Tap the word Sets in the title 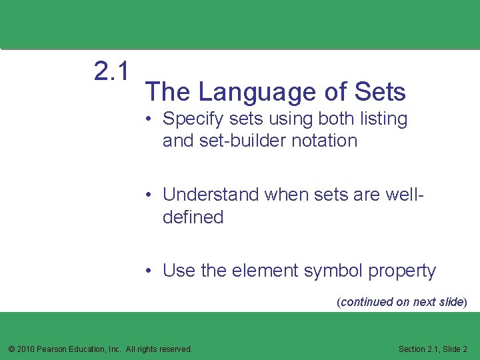pos(381,92)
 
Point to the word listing pos(379,119)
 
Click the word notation pos(327,141)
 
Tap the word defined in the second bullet pos(193,217)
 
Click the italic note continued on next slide pos(402,302)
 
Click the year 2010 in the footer pos(25,349)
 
